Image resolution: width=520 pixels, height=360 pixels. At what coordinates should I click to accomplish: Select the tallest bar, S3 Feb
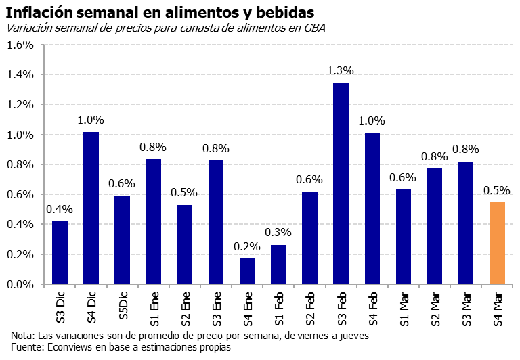[341, 183]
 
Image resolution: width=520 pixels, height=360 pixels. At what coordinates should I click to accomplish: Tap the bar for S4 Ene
[247, 271]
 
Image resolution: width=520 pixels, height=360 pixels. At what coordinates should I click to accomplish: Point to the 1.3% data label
[341, 71]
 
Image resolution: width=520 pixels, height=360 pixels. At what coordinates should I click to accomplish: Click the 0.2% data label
[247, 246]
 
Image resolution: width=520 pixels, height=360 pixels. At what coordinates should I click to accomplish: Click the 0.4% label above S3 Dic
[60, 209]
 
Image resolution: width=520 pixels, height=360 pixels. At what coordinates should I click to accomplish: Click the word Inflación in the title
[39, 12]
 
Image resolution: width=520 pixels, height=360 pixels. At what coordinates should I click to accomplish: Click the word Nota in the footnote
[22, 336]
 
